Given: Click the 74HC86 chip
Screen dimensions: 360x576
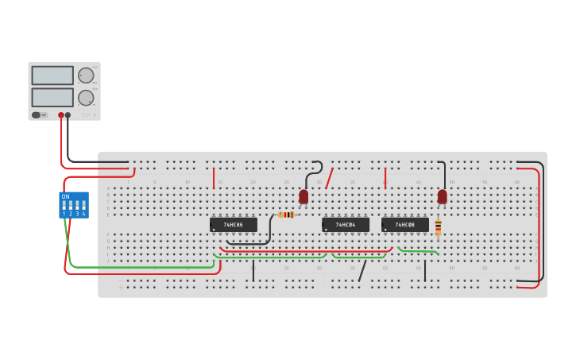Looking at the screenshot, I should [233, 225].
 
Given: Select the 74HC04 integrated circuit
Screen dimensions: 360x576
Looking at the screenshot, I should [345, 225].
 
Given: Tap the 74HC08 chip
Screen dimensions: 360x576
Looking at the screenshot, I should [404, 225].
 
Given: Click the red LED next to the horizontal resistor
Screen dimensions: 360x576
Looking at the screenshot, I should [303, 195].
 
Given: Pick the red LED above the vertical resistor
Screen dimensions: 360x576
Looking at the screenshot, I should [443, 195].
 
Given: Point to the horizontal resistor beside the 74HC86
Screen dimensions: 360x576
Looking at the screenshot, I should [287, 215].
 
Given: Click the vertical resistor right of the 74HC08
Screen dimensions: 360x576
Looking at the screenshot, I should [438, 227].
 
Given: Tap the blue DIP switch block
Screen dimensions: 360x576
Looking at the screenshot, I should [74, 206].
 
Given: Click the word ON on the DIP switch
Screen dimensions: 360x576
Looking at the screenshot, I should [65, 196].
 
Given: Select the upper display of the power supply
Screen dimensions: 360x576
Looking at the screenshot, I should [52, 75].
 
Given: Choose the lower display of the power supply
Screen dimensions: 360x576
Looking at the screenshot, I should [52, 98].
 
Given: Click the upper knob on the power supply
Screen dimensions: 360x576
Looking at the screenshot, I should [86, 75].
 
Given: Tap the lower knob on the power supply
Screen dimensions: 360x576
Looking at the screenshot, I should [86, 98].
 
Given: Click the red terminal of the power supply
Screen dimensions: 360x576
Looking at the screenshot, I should [60, 115].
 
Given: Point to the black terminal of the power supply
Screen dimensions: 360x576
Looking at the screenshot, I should [68, 115].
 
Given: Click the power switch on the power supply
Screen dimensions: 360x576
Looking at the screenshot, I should [37, 115].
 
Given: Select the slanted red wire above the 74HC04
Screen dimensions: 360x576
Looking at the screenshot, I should [329, 178].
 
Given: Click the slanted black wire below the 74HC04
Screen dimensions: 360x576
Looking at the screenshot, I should [362, 271].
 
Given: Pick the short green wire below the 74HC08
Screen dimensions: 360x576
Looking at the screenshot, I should [418, 251].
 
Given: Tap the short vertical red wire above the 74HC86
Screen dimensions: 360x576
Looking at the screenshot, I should [214, 178].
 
